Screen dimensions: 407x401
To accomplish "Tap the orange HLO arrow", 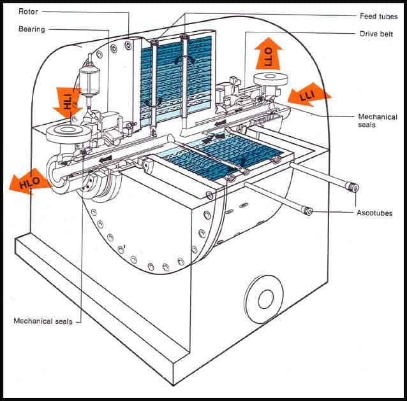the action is [x=29, y=181].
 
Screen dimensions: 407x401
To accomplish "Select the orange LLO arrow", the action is [x=268, y=53].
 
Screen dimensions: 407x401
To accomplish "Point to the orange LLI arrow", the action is [x=309, y=95].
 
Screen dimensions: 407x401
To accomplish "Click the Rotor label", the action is [x=28, y=11].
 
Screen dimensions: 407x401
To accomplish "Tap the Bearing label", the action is [x=32, y=29].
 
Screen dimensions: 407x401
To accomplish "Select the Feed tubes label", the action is [x=379, y=17].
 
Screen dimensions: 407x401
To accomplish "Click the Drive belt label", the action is [x=376, y=34].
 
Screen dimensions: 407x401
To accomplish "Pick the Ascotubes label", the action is [x=374, y=213].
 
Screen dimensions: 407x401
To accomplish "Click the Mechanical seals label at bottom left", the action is [x=43, y=321].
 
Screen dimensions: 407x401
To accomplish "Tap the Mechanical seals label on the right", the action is [x=378, y=121].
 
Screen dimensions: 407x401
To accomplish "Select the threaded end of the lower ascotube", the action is [x=307, y=211].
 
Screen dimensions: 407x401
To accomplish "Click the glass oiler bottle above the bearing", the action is [x=89, y=81].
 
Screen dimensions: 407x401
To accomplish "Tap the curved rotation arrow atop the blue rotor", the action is [x=184, y=60].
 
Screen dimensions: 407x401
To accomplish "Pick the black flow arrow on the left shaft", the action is [x=106, y=158].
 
